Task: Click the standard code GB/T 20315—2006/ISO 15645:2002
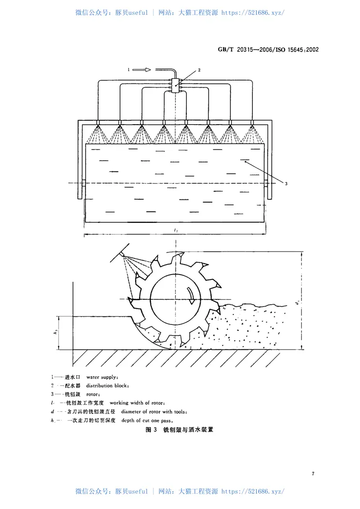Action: coord(268,50)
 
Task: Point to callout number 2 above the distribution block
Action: coord(199,70)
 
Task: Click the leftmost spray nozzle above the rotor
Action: coord(98,123)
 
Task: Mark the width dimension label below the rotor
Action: coord(175,230)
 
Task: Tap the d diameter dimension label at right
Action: coord(297,303)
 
